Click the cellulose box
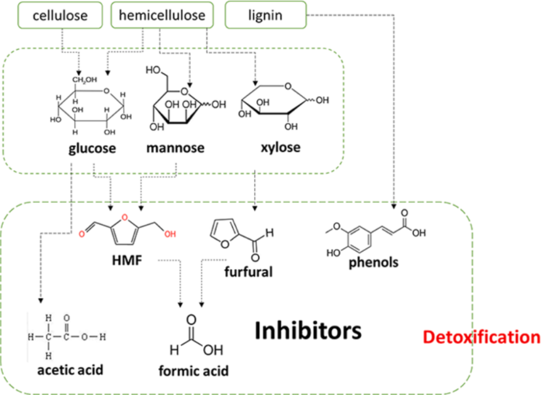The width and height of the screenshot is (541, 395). coord(60,15)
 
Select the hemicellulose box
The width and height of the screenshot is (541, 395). coord(162,15)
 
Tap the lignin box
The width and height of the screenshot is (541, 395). coord(265,15)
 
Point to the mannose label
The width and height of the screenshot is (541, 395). coord(175,148)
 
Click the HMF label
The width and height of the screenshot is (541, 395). coord(127,260)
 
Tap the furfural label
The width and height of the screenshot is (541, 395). coord(248,272)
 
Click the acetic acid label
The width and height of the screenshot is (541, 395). coord(70,370)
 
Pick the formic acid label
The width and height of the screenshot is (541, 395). coord(194,371)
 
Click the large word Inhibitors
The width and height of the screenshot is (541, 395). coord(308,331)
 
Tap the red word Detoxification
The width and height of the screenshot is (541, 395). coord(481,337)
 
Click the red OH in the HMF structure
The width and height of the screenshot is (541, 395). coord(170,234)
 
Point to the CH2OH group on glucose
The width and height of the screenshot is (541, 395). coord(85,80)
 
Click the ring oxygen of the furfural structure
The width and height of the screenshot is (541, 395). coord(225,244)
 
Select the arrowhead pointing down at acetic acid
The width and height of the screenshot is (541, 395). coord(41,301)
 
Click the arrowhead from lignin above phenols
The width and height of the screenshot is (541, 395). coord(394,206)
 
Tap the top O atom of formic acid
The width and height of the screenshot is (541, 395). coord(191,320)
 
